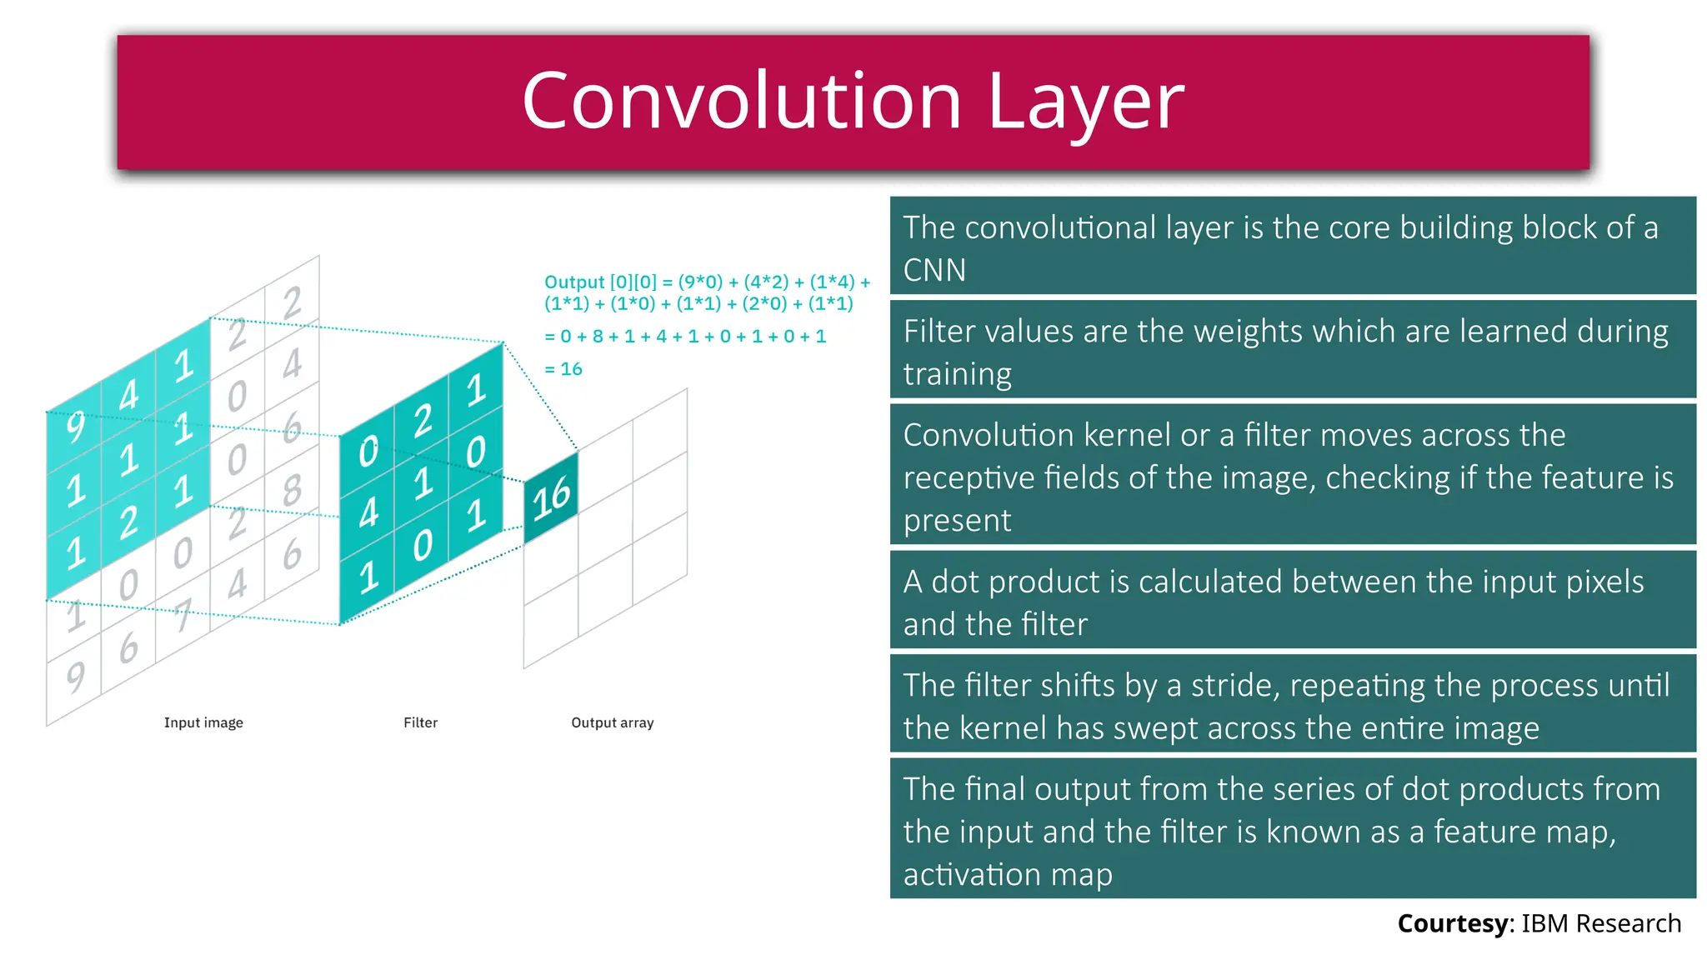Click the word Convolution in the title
point(741,101)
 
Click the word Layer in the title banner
point(1085,102)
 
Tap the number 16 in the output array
point(551,497)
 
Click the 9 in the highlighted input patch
point(75,427)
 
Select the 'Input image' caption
point(203,722)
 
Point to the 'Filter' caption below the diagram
point(420,722)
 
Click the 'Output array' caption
point(612,722)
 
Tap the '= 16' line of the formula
point(563,369)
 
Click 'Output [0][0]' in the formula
point(600,282)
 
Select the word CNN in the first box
point(934,270)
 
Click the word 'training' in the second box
point(957,374)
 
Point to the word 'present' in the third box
point(957,521)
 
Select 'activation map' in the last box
point(1008,875)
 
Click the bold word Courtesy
point(1453,923)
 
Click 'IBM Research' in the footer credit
point(1601,923)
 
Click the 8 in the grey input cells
point(292,490)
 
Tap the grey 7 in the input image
point(183,616)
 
